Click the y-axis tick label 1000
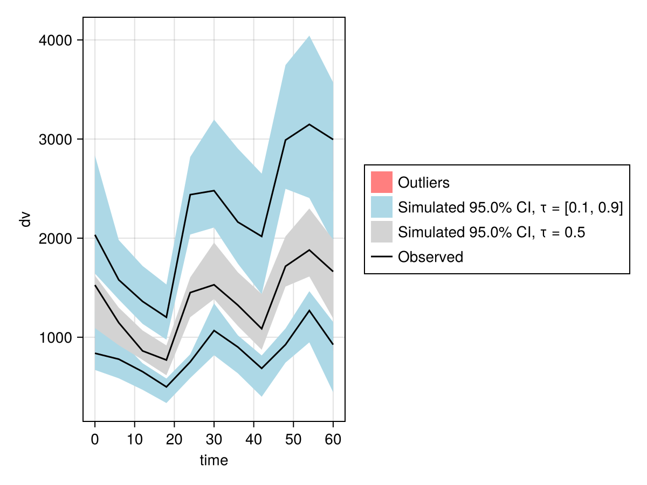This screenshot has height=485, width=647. pyautogui.click(x=57, y=338)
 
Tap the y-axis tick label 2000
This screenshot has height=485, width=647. pyautogui.click(x=57, y=239)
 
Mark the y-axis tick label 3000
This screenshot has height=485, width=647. pyautogui.click(x=57, y=140)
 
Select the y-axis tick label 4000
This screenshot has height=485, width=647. pyautogui.click(x=57, y=40)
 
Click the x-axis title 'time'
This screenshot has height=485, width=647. pyautogui.click(x=214, y=461)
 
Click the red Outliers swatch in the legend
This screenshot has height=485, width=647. pyautogui.click(x=381, y=182)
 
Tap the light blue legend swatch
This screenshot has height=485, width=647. pyautogui.click(x=381, y=207)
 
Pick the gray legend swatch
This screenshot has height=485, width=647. pyautogui.click(x=381, y=232)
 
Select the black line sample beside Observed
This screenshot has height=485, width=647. pyautogui.click(x=381, y=257)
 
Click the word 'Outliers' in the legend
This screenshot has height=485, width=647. pyautogui.click(x=423, y=183)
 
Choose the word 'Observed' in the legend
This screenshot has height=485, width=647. pyautogui.click(x=430, y=257)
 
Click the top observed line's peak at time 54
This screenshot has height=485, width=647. pyautogui.click(x=309, y=124)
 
